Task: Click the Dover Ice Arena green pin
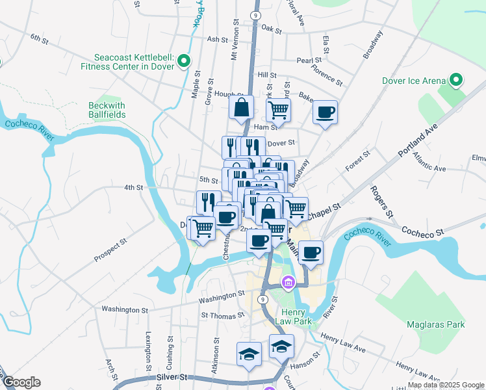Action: coord(456,81)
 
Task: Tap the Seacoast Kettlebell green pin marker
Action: coord(184,61)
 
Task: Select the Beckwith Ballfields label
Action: coord(107,110)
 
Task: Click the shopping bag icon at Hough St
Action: coord(241,108)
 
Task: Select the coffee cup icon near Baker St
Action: coord(326,111)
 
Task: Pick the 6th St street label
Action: coord(40,38)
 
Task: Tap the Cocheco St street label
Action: coord(430,231)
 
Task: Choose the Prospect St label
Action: coord(110,250)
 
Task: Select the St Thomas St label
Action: coord(222,315)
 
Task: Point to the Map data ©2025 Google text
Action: coord(446,385)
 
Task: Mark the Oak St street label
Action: coord(271,29)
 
